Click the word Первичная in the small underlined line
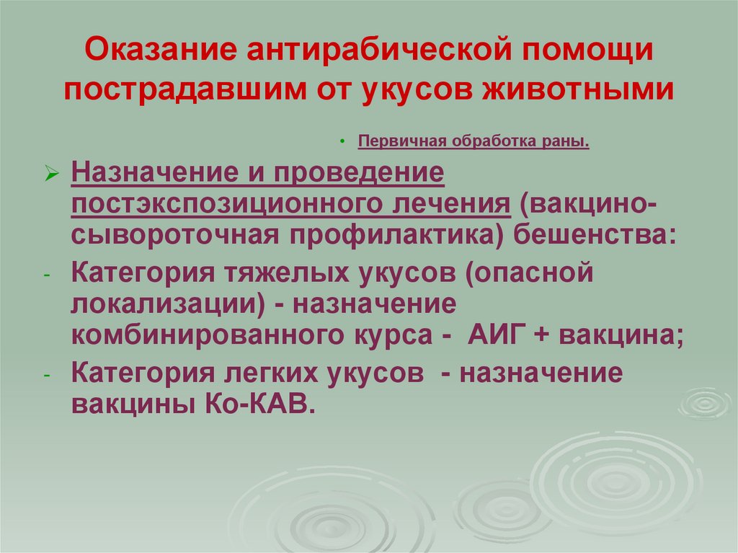402,142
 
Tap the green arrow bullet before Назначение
50,175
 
